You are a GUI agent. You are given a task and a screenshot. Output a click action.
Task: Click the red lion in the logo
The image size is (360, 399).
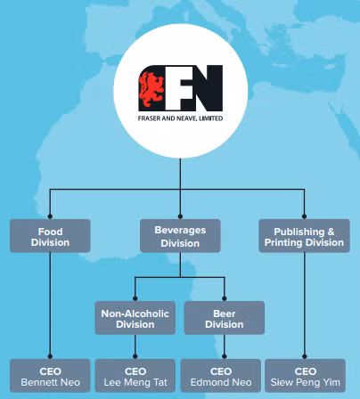coord(151,88)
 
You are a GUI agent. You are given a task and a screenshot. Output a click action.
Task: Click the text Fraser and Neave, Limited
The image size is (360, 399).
coord(180,118)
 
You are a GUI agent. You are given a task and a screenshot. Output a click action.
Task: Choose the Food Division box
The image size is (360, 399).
coord(50,236)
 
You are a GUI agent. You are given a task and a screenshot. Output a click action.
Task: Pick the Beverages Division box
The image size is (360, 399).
coord(180,236)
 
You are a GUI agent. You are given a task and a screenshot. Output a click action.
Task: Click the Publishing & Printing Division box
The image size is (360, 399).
coord(304,236)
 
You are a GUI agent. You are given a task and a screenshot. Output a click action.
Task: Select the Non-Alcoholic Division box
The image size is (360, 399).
coord(135,318)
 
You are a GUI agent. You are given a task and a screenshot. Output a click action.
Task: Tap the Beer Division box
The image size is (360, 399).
coord(225,318)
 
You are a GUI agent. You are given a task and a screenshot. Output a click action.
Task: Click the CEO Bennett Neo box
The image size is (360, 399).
coord(50,376)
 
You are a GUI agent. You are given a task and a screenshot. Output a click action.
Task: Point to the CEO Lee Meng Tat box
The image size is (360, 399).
coord(135,376)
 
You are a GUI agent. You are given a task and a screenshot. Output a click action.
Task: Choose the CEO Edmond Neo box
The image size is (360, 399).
coord(221,376)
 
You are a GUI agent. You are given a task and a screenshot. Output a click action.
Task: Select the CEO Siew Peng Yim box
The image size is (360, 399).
coord(305,376)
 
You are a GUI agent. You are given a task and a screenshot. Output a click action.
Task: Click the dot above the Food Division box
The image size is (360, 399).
coord(50,216)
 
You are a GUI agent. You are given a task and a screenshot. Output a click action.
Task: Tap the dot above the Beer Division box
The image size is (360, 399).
coord(225,298)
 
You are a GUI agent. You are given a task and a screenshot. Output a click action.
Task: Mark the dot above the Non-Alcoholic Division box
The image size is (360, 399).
coord(135,298)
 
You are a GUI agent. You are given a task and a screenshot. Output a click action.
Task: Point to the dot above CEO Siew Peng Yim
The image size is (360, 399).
coord(304,356)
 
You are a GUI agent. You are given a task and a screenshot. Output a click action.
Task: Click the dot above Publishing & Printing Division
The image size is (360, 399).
coord(304,216)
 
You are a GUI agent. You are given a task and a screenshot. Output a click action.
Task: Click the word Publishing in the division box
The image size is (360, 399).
coord(299,232)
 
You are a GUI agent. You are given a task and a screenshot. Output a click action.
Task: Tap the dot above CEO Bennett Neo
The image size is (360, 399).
coord(50,356)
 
